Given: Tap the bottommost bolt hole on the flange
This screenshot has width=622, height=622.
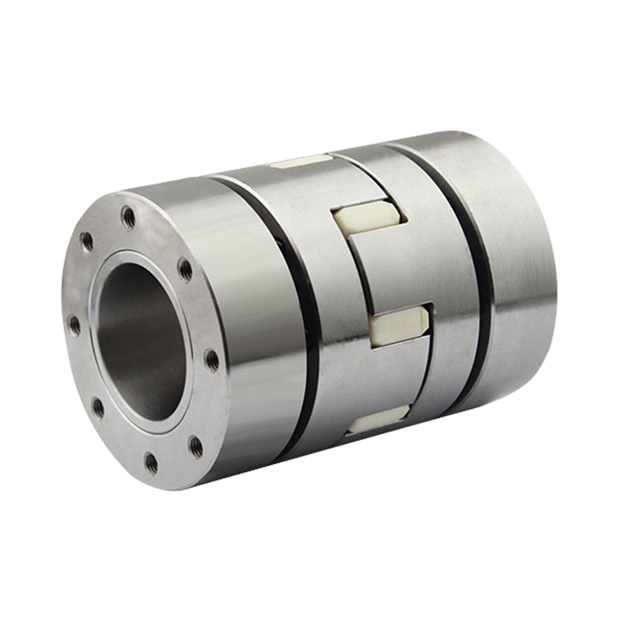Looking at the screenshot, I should tap(151, 464).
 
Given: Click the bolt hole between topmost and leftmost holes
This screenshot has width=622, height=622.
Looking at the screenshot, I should tap(86, 242).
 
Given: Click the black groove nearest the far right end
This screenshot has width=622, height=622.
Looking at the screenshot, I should tap(474, 272).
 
